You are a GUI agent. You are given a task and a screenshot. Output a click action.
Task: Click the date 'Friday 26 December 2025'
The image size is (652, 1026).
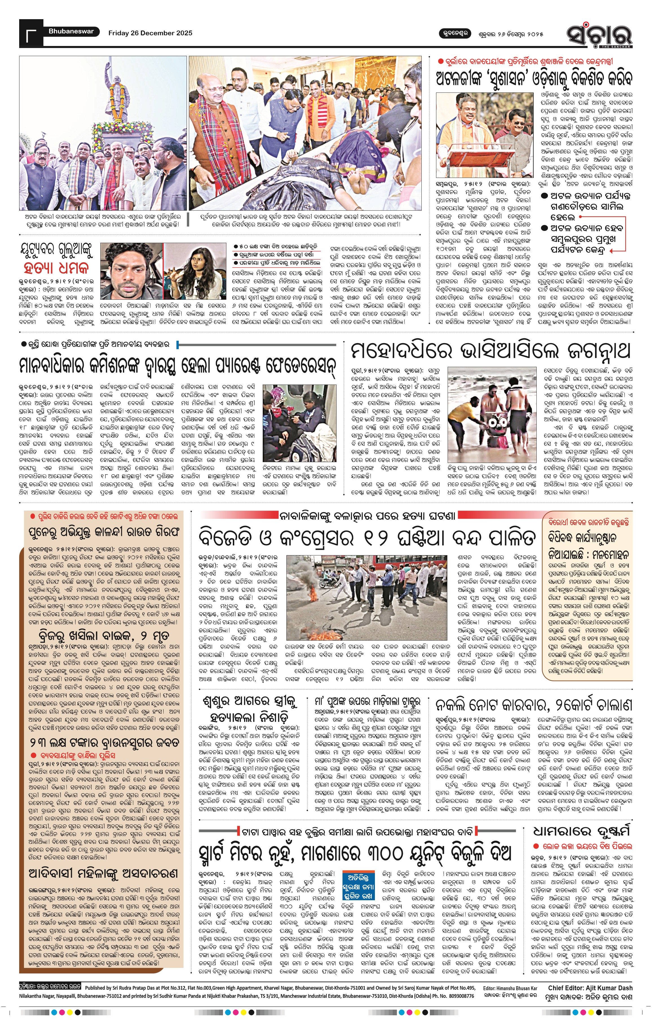(x=150, y=33)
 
